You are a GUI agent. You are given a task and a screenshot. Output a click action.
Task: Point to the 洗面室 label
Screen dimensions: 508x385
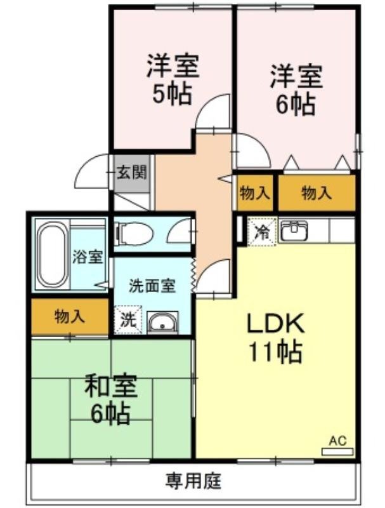152,286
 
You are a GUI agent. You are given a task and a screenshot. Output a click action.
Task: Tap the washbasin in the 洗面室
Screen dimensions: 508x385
163,323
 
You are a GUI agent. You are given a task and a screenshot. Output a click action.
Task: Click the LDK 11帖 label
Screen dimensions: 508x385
275,337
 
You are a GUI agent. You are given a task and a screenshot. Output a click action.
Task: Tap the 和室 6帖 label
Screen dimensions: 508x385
110,400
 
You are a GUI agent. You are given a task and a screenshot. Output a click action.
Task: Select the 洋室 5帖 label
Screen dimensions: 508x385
173,79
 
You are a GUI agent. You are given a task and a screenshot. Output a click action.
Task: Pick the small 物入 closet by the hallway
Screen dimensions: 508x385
255,193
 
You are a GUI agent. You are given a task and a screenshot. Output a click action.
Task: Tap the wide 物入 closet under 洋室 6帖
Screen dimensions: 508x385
316,193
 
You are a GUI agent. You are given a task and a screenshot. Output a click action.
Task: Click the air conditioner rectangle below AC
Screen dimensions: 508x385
336,451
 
